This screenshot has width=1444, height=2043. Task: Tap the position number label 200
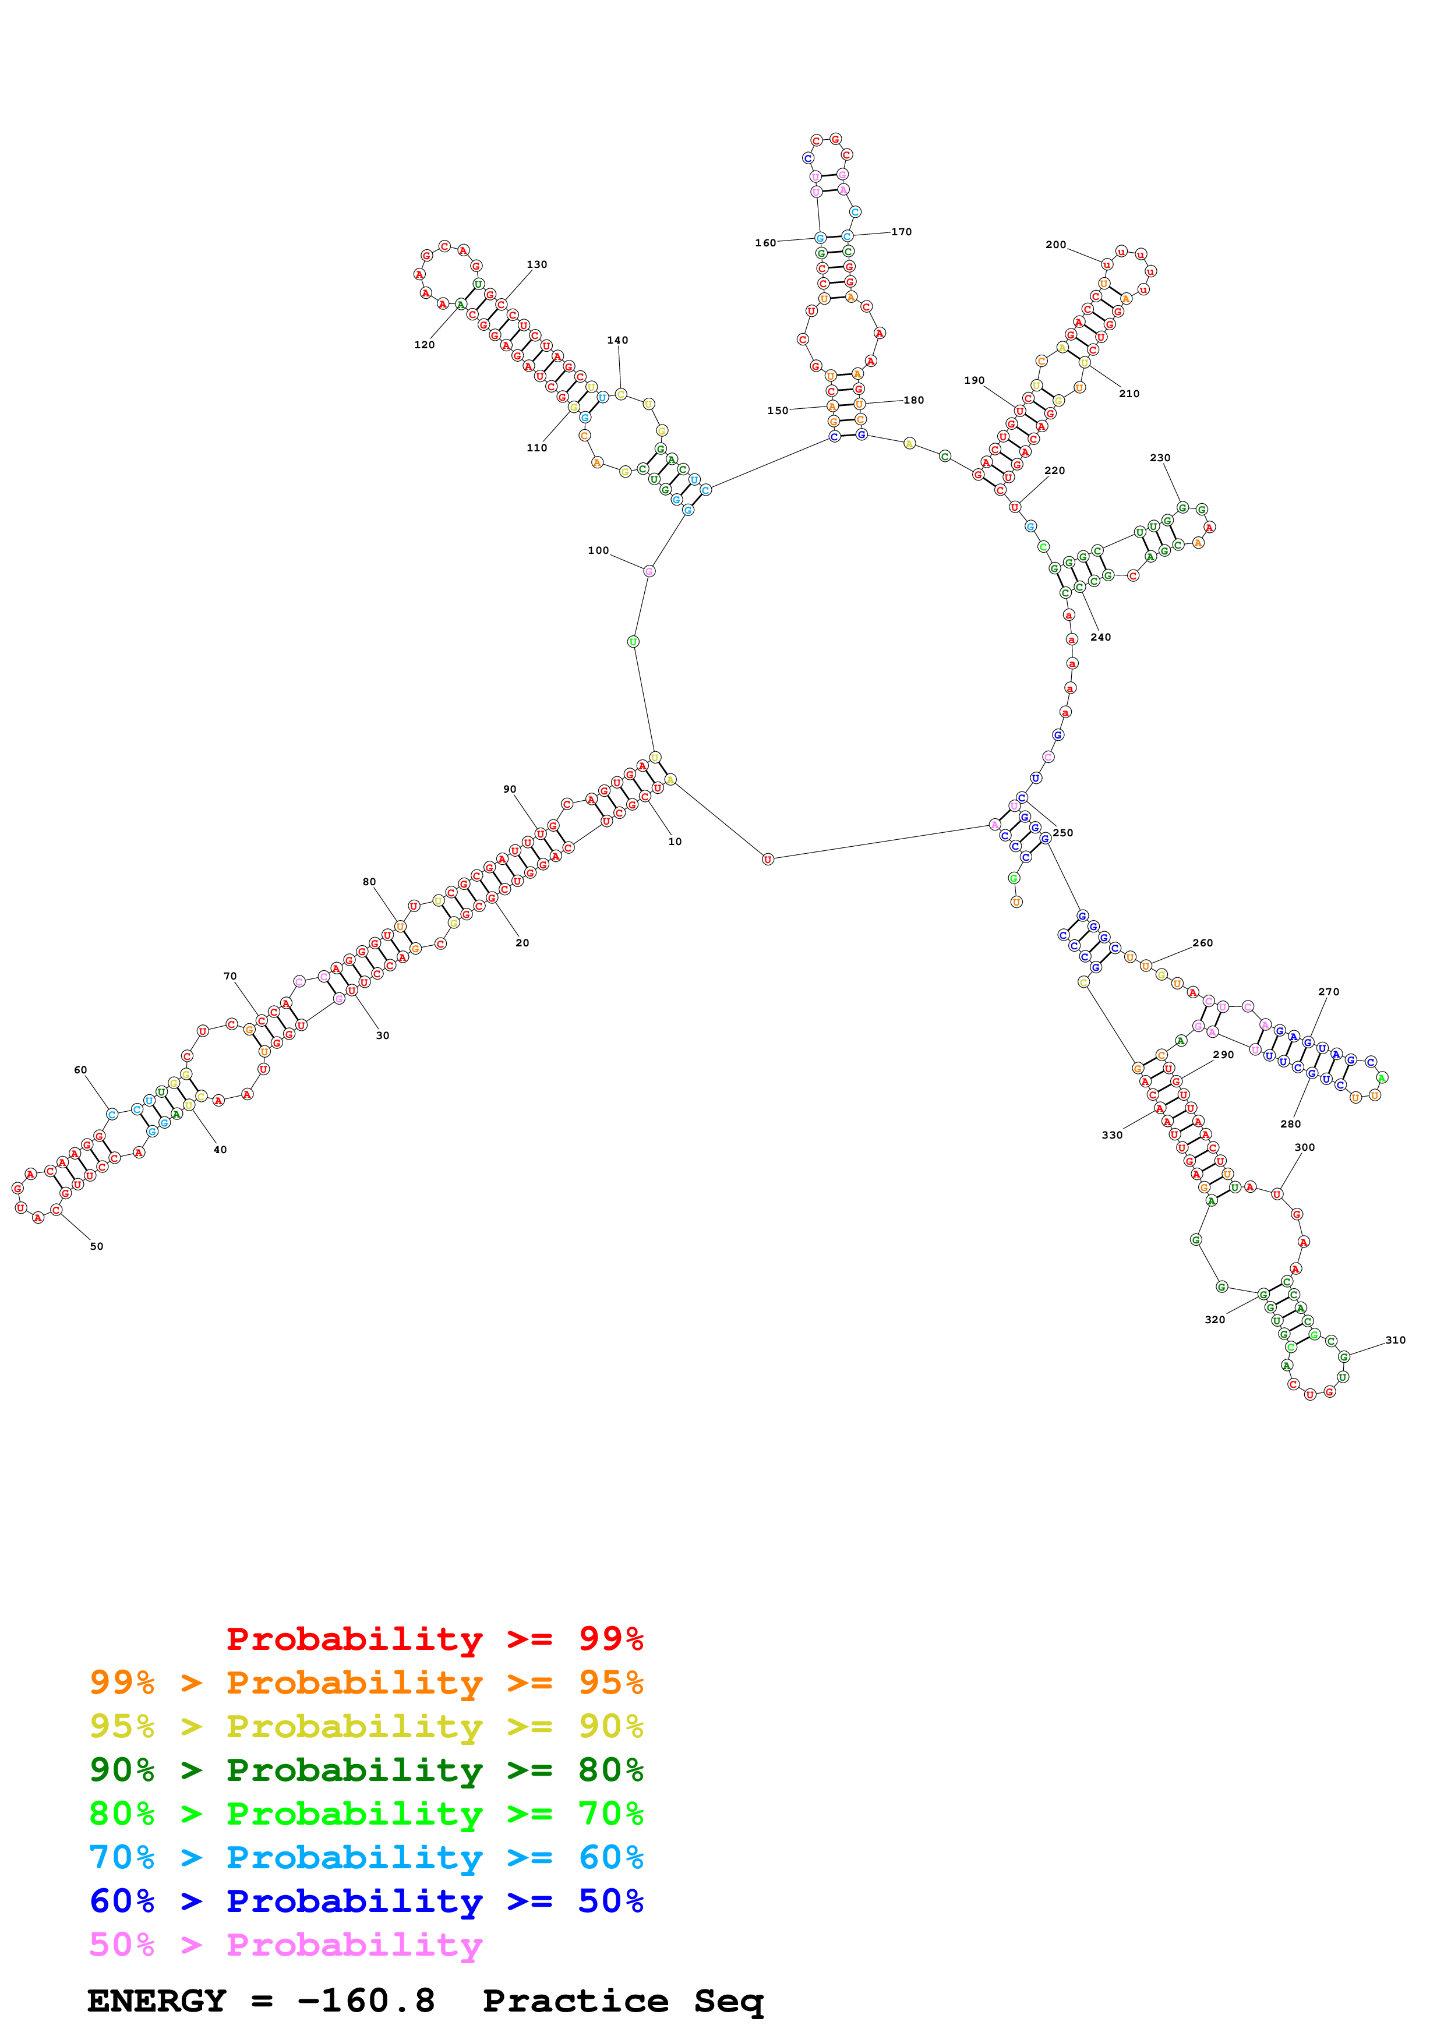click(x=1055, y=245)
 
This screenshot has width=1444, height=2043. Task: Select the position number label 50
click(x=96, y=1247)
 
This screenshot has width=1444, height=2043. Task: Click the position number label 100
click(x=598, y=551)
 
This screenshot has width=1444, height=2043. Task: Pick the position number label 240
click(x=1100, y=637)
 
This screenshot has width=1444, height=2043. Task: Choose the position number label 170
click(x=901, y=232)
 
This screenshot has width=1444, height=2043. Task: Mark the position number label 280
click(x=1290, y=1124)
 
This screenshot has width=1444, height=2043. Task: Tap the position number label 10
click(x=675, y=842)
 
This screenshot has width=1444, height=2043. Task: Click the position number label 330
click(x=1112, y=1136)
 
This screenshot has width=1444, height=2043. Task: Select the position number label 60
click(x=80, y=1070)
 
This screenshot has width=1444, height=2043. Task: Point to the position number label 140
click(x=617, y=340)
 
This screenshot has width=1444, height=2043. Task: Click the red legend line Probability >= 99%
click(x=434, y=1639)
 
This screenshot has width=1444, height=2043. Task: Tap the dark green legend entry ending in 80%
click(x=366, y=1770)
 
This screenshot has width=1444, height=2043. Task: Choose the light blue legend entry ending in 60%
click(x=366, y=1857)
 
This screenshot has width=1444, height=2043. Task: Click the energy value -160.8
click(x=366, y=2001)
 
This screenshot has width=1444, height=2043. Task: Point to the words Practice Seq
click(x=623, y=2001)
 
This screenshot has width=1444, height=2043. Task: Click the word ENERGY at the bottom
click(x=157, y=2001)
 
